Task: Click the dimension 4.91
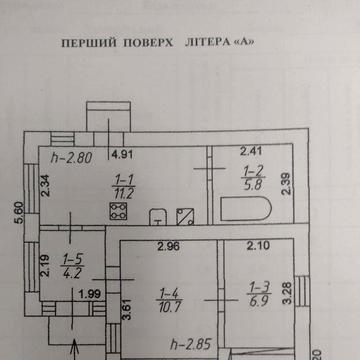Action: click(122, 155)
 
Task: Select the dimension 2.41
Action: click(249, 152)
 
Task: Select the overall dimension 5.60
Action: click(17, 213)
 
